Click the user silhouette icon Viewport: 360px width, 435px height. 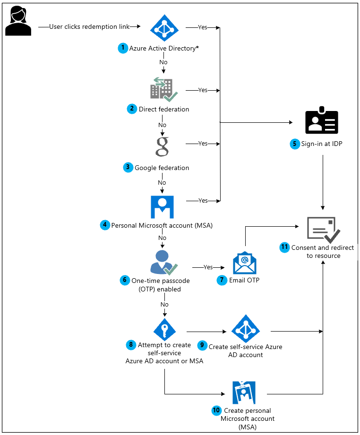pyautogui.click(x=18, y=21)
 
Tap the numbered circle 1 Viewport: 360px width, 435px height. pyautogui.click(x=123, y=48)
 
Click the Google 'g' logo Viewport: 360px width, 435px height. pyautogui.click(x=162, y=145)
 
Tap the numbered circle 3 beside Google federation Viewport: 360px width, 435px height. pyautogui.click(x=128, y=168)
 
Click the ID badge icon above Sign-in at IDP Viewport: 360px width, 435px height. pyautogui.click(x=322, y=122)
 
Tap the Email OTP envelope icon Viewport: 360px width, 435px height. pyautogui.click(x=244, y=263)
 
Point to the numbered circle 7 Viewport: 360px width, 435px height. pyautogui.click(x=222, y=280)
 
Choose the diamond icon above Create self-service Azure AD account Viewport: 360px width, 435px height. pyautogui.click(x=244, y=328)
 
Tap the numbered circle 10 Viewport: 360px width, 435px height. pyautogui.click(x=217, y=410)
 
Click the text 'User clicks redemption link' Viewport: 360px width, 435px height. pyautogui.click(x=89, y=27)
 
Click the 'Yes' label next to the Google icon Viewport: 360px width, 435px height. pyautogui.click(x=203, y=143)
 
